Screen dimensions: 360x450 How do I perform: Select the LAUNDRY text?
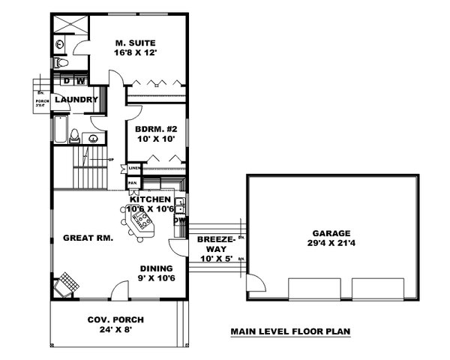pyautogui.click(x=76, y=100)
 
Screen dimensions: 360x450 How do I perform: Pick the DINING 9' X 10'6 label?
pyautogui.click(x=157, y=273)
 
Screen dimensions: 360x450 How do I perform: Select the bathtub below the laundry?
pyautogui.click(x=60, y=132)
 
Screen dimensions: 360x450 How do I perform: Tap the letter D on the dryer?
pyautogui.click(x=66, y=81)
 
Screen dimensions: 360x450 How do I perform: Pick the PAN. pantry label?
pyautogui.click(x=132, y=182)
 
